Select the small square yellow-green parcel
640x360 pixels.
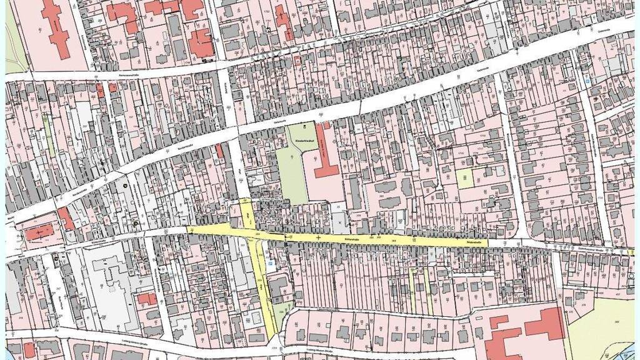coord(464,179)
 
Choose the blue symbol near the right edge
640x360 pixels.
coord(587,81)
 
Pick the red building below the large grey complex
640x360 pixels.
coord(147,299)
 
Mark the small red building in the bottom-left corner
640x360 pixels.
coord(29,349)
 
